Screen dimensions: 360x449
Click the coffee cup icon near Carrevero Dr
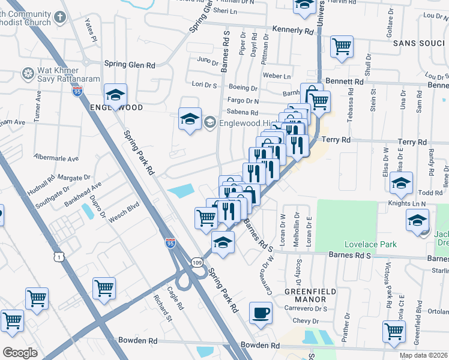(x=261, y=313)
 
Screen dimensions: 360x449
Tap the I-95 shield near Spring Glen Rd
(x=77, y=91)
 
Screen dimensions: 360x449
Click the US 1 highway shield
(x=58, y=256)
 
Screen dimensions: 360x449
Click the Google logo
(x=20, y=352)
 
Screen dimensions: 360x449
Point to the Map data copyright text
(x=423, y=355)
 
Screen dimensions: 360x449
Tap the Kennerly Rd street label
(x=293, y=29)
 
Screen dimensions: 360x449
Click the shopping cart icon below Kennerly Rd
(x=342, y=46)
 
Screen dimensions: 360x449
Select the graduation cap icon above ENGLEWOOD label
(x=115, y=94)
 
